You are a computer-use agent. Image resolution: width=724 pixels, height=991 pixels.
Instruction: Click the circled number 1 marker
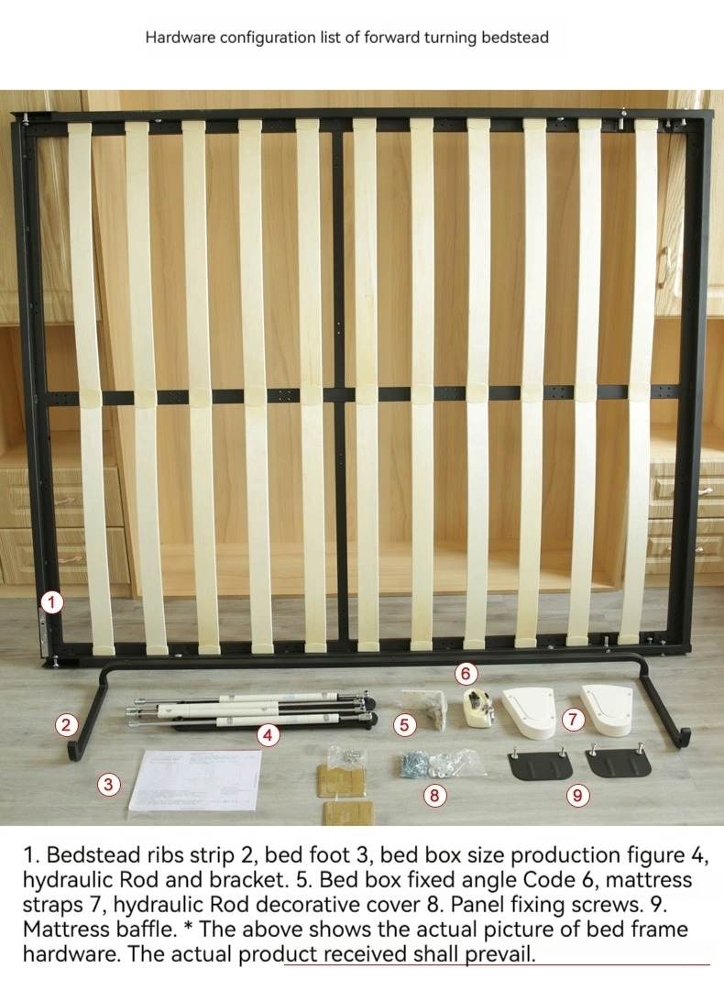[x=52, y=601]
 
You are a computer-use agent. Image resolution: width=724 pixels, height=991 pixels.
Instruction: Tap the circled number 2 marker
[x=66, y=724]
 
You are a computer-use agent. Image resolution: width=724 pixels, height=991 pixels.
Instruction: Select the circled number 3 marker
[x=109, y=785]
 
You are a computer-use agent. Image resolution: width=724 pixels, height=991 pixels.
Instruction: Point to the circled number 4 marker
[x=269, y=735]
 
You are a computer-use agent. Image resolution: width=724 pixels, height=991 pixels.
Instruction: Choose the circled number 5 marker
[x=405, y=724]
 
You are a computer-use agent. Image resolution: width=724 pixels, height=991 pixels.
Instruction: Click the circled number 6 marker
[x=466, y=674]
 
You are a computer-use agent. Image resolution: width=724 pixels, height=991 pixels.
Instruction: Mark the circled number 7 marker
[x=573, y=720]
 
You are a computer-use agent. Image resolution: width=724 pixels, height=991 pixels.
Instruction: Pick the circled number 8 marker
[x=434, y=795]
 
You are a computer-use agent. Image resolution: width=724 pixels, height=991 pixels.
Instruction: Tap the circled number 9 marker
[x=576, y=795]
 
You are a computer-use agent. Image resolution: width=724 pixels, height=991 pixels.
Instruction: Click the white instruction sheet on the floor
[x=196, y=780]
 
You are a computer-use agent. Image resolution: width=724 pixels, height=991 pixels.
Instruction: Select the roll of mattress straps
[x=479, y=707]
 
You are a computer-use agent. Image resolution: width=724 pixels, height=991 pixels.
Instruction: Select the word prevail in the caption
[x=499, y=953]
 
